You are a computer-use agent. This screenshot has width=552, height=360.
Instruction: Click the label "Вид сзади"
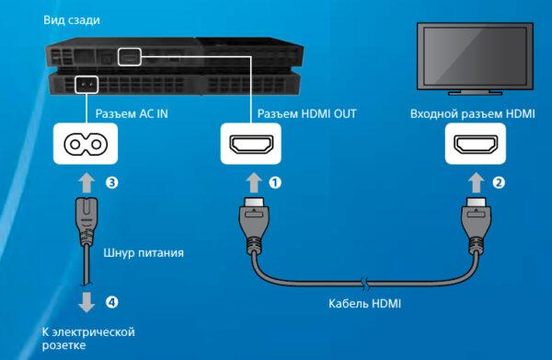pos(72,20)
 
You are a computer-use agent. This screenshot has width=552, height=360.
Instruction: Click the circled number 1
pos(275,182)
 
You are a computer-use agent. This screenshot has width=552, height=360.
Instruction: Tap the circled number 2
pos(499,182)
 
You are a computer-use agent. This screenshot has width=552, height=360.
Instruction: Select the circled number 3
pos(112,182)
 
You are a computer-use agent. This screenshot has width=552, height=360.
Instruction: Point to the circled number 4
pos(112,302)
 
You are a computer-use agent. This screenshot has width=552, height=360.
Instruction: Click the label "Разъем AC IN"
pos(132,114)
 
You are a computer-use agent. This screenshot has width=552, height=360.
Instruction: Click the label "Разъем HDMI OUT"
pos(306,114)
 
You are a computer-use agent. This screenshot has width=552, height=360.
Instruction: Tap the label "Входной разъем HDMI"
pos(473,114)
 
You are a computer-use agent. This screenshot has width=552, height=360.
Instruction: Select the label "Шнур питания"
pos(144,252)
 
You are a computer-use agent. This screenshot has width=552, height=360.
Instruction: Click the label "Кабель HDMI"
pos(364,303)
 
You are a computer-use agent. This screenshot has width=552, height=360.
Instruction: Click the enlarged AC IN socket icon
pos(86,144)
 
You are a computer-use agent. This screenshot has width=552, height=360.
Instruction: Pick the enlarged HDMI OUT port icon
pos(251,144)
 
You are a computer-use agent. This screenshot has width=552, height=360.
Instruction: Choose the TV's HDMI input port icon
pos(476,144)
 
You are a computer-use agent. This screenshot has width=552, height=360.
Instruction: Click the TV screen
pos(476,55)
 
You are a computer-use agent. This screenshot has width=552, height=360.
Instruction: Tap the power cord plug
pos(86,221)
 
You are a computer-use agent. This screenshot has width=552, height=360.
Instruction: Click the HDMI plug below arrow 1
pos(254,226)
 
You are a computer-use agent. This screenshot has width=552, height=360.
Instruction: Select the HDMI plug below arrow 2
pos(477,226)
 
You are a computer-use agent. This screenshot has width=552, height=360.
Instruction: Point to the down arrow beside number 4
pos(86,302)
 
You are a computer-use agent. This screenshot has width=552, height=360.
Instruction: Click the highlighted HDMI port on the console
pos(130,57)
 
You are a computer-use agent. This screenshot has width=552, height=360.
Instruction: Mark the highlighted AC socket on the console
pos(86,85)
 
